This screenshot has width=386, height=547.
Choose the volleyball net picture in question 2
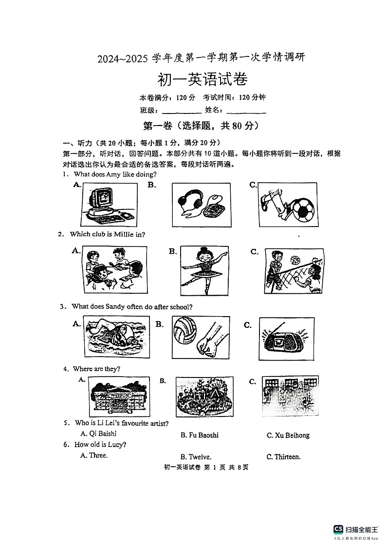click(x=294, y=270)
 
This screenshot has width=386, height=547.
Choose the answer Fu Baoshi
click(x=199, y=435)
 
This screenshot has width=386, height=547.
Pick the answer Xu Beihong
click(x=288, y=435)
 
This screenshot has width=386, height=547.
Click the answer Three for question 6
click(x=94, y=455)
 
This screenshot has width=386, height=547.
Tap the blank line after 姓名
click(x=246, y=112)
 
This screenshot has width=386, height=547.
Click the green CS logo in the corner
click(x=338, y=529)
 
